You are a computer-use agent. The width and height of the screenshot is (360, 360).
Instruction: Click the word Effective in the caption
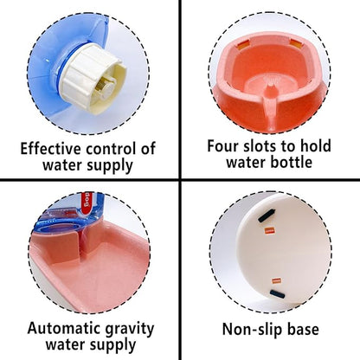pyautogui.click(x=51, y=149)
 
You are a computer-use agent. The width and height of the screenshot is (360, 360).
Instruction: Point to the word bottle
pyautogui.click(x=291, y=162)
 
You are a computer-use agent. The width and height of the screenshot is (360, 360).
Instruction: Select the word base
pyautogui.click(x=302, y=329)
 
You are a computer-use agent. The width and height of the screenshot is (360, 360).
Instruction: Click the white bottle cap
pyautogui.click(x=92, y=77)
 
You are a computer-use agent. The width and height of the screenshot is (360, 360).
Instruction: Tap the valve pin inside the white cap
pyautogui.click(x=104, y=83)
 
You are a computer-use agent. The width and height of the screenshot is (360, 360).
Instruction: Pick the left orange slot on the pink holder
pyautogui.click(x=244, y=45)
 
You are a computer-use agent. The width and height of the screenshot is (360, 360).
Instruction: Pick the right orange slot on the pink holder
pyautogui.click(x=296, y=43)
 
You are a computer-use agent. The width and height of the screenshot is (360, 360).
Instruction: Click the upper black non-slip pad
pyautogui.click(x=267, y=215)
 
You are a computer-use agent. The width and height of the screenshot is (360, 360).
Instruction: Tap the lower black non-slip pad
pyautogui.click(x=278, y=294)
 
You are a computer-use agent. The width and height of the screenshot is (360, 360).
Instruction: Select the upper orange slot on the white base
pyautogui.click(x=269, y=230)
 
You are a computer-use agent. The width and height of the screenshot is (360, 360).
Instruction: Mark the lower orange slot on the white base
pyautogui.click(x=276, y=280)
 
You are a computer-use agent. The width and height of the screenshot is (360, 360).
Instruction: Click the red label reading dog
pyautogui.click(x=87, y=204)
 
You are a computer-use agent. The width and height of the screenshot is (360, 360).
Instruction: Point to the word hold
pyautogui.click(x=315, y=145)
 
